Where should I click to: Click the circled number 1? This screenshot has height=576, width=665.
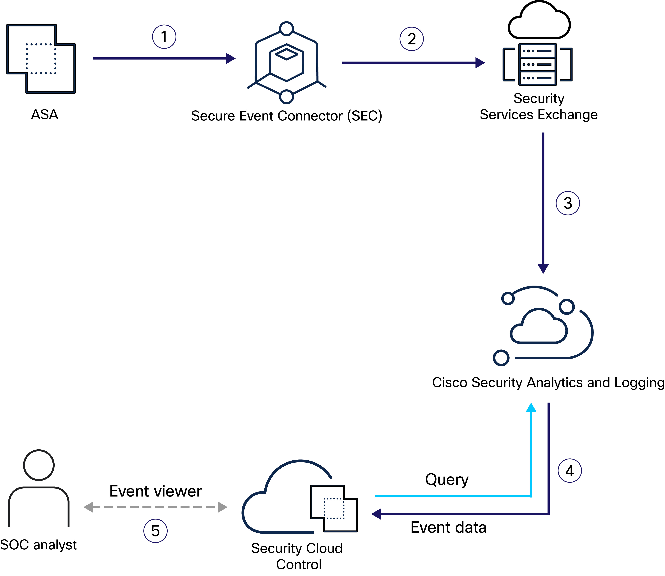[164, 37]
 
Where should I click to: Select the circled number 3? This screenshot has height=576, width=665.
[568, 203]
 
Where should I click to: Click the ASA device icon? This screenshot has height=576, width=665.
[41, 59]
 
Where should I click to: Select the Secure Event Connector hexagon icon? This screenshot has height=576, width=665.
[286, 63]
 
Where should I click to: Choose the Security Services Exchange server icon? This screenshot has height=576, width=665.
[537, 64]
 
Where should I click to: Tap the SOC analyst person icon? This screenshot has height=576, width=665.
[39, 489]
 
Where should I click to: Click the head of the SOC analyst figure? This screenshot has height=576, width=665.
[39, 465]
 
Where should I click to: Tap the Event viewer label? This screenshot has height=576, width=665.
[155, 491]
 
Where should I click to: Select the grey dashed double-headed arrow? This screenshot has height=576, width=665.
[155, 507]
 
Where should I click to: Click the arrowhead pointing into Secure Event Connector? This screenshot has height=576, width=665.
[230, 58]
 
